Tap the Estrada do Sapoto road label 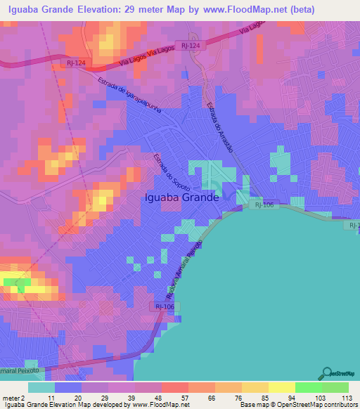click(168, 169)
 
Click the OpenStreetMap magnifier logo click(326, 374)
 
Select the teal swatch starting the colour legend click(41, 387)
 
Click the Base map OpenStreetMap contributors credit click(297, 405)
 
